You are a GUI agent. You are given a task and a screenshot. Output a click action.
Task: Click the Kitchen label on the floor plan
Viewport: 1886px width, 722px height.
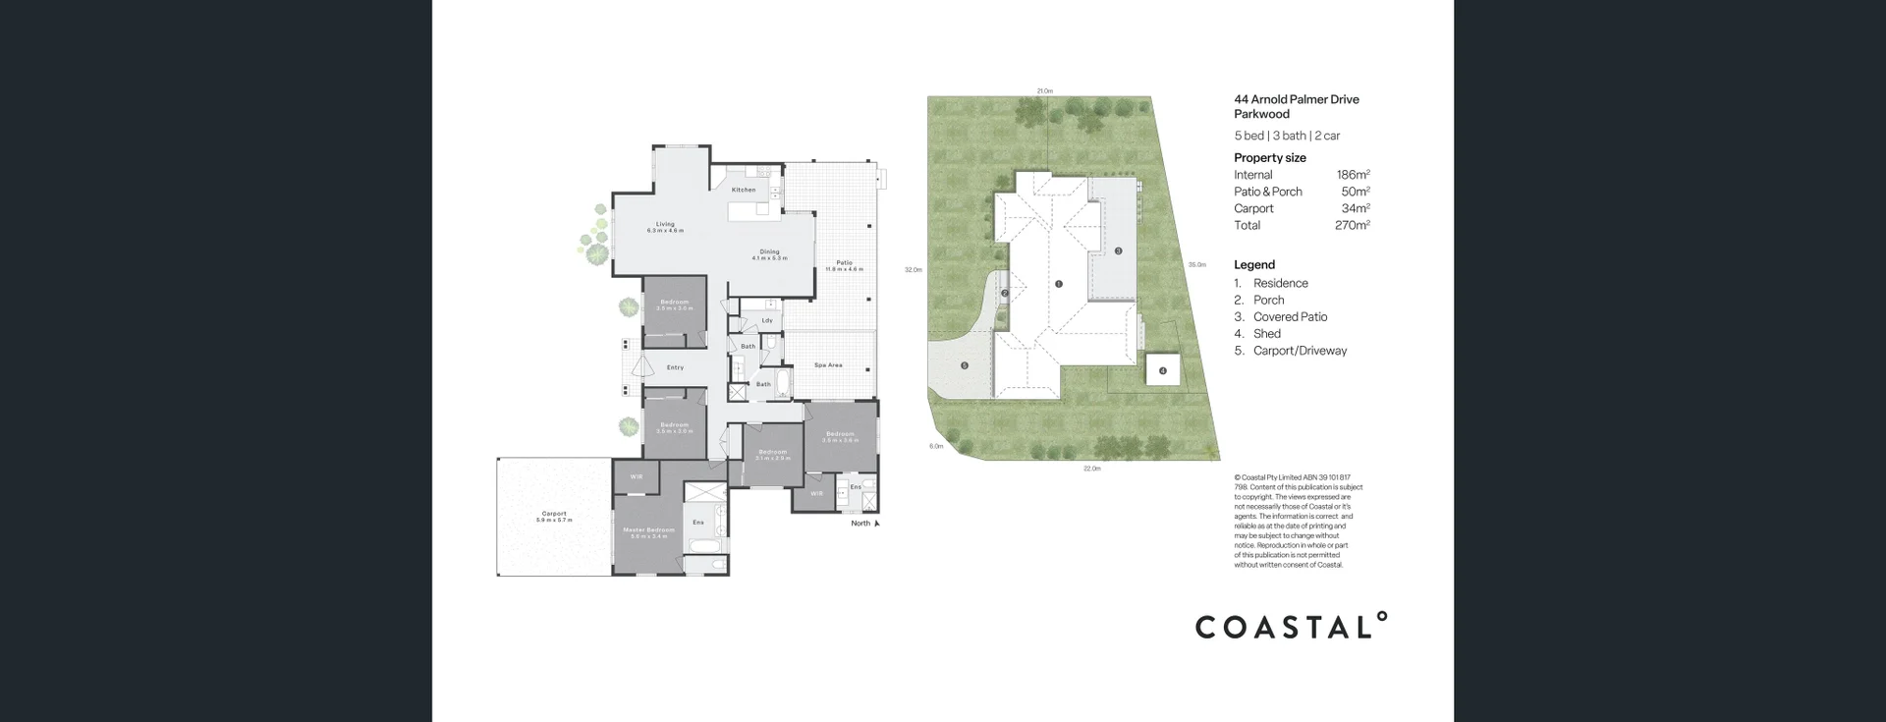(x=744, y=190)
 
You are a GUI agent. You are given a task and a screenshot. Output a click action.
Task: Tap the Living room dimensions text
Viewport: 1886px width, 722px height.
(x=665, y=231)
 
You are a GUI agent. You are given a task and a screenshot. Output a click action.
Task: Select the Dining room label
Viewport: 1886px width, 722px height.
(x=768, y=251)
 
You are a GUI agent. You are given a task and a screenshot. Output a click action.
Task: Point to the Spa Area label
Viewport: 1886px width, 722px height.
(x=828, y=365)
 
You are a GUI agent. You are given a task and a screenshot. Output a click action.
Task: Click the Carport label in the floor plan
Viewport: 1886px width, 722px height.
(x=554, y=514)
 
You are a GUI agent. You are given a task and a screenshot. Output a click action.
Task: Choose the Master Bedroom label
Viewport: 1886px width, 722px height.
(x=648, y=530)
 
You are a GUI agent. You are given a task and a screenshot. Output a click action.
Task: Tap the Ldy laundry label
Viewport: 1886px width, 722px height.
(x=767, y=320)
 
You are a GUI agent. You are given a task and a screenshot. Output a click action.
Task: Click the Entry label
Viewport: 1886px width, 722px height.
(x=675, y=368)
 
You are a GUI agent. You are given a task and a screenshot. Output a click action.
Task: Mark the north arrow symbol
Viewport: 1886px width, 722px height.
(x=877, y=524)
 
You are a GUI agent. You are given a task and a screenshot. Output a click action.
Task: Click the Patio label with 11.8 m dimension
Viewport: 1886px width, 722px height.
(x=844, y=263)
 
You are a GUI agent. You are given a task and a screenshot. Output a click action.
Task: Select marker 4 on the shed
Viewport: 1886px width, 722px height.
(x=1162, y=371)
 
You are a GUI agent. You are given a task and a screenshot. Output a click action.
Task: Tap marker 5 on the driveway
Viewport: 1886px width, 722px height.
(x=965, y=365)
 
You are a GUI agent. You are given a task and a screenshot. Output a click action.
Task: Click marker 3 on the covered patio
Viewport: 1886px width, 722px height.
(x=1118, y=250)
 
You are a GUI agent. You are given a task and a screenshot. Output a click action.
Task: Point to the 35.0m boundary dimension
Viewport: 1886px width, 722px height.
(x=1196, y=264)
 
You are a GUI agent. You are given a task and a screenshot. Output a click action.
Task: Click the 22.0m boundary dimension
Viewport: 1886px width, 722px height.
(x=1091, y=469)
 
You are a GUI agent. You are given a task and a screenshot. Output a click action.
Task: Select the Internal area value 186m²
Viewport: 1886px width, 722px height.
(x=1353, y=175)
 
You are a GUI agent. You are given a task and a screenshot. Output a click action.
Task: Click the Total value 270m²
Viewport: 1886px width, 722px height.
(x=1352, y=225)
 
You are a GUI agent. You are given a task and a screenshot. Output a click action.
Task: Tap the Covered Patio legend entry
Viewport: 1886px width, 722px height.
(x=1290, y=317)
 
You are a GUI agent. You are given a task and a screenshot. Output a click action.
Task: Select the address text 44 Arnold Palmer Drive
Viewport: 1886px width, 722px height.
(x=1297, y=99)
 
